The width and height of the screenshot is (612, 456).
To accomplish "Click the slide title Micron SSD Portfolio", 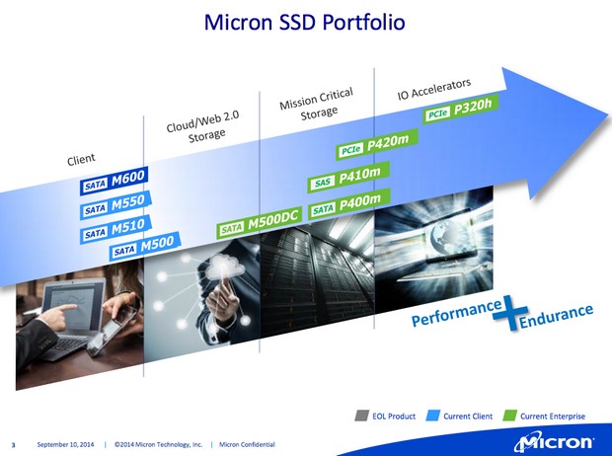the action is [304, 22].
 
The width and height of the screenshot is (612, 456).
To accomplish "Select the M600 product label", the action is [114, 181].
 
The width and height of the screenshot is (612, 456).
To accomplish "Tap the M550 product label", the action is [115, 204].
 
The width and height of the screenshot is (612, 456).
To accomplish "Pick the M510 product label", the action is [115, 229].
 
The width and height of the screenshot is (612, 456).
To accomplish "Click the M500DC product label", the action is [260, 222].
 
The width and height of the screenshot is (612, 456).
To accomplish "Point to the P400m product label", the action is [349, 204].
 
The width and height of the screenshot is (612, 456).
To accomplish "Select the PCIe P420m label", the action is [377, 144].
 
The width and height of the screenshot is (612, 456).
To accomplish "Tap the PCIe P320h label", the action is [460, 110].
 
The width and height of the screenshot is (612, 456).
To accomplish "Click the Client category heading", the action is [81, 159].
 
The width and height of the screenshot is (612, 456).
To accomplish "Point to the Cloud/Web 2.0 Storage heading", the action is [203, 126].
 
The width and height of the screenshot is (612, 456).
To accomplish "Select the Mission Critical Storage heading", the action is [317, 103].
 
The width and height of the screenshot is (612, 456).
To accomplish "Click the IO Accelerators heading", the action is [434, 89].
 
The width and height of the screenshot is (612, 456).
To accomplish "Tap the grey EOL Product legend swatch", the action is [361, 416].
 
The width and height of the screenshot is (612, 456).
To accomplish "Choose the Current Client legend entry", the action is [460, 416].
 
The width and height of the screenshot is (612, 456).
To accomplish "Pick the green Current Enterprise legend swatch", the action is [509, 416].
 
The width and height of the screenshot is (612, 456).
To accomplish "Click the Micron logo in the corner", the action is [554, 442].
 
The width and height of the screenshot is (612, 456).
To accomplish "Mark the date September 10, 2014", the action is [65, 444].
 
